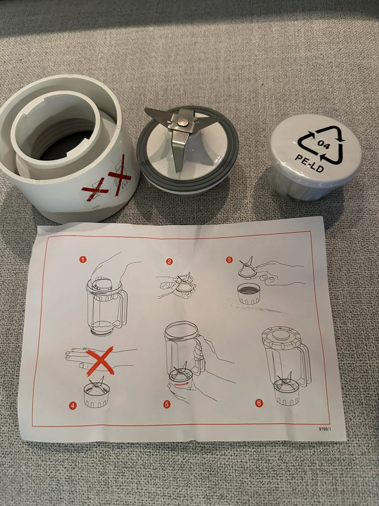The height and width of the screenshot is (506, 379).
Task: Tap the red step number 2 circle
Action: pyautogui.click(x=170, y=261)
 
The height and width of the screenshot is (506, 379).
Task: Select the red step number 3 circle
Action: pyautogui.click(x=229, y=260)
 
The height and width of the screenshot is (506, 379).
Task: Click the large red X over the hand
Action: pyautogui.click(x=100, y=361)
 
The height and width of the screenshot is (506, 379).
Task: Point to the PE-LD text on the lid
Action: pyautogui.click(x=309, y=162)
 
